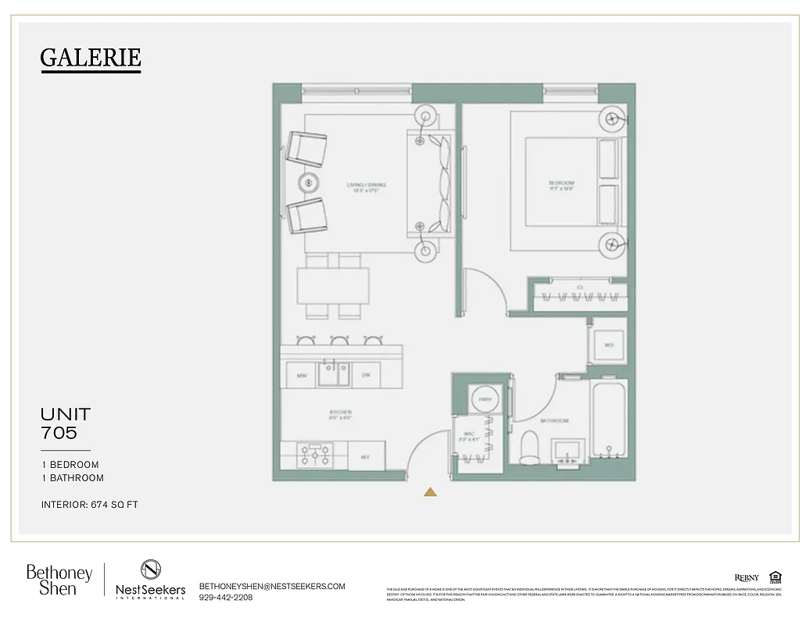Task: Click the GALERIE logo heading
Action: point(91,58)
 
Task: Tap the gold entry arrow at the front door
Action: point(430,491)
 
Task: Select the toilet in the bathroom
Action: point(530,446)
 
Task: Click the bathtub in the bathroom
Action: point(609,420)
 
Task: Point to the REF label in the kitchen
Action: point(364,456)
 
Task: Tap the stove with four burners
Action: point(315,455)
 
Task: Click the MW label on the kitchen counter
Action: point(301,376)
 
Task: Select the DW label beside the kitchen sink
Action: point(365,376)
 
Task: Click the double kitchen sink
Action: point(333,373)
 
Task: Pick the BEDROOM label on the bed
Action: point(561,185)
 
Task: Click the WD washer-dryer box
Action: point(609,344)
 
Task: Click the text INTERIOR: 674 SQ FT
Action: point(90,505)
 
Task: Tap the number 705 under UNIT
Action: point(59,431)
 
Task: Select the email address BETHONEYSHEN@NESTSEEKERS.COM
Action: point(272,586)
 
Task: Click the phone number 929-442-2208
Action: point(227,598)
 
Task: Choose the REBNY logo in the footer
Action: point(746,577)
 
